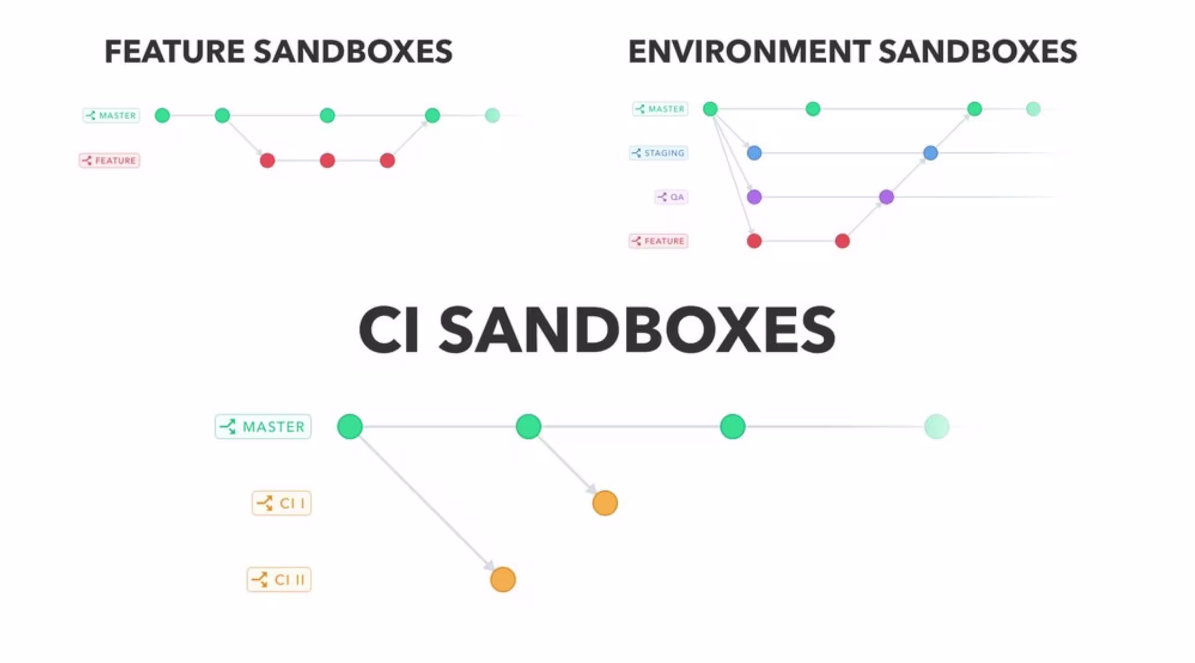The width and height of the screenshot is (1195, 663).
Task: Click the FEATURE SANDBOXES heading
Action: [279, 52]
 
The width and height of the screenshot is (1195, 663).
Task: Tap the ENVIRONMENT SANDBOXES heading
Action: [853, 52]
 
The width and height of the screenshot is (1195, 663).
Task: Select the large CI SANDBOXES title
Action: [597, 330]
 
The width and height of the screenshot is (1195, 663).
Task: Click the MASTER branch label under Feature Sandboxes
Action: [111, 116]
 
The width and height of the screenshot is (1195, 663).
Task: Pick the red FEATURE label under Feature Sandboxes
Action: [109, 161]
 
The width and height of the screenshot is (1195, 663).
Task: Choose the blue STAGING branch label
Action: [658, 153]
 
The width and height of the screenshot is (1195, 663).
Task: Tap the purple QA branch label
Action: [671, 197]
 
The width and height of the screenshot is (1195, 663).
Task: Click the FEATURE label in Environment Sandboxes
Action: [658, 241]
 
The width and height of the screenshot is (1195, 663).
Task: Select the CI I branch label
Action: [281, 503]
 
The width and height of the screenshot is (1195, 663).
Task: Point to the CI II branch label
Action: [279, 579]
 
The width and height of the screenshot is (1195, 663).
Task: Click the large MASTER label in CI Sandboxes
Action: [263, 427]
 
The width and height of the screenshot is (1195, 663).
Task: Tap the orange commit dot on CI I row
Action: [605, 503]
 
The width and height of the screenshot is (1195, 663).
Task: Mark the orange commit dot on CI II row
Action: [503, 579]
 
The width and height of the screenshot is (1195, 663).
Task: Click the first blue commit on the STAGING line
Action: [754, 153]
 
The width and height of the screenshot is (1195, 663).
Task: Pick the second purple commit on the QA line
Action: [886, 197]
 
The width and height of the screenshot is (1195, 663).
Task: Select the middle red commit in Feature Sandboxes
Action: [327, 161]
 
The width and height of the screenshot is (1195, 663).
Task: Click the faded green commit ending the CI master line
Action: [937, 427]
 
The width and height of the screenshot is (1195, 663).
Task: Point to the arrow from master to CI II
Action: [426, 503]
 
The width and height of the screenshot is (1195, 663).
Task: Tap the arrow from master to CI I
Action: [567, 465]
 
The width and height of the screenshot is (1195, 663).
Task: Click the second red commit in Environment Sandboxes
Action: [843, 241]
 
